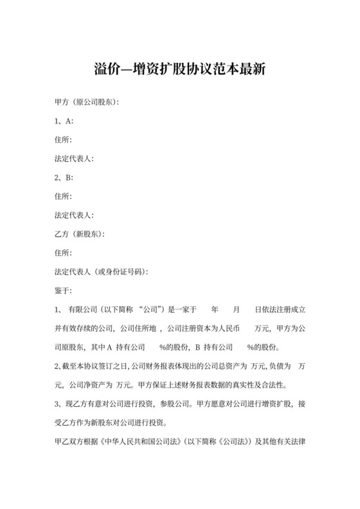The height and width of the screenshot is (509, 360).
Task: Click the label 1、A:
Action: (x=65, y=121)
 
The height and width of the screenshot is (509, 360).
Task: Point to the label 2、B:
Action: (x=65, y=177)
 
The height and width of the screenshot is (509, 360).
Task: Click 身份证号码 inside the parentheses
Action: (x=124, y=272)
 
